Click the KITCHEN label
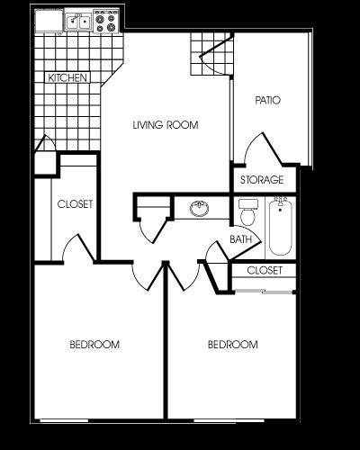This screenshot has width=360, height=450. [67, 78]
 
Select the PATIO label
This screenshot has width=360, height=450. [268, 100]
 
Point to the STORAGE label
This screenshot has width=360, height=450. [262, 180]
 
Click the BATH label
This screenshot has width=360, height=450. [240, 239]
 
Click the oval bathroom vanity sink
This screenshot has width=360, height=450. [199, 211]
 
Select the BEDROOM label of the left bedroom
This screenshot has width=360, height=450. [95, 345]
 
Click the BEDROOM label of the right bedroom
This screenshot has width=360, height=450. [233, 345]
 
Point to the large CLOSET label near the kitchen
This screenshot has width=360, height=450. [75, 204]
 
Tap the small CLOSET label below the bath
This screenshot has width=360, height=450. [265, 270]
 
